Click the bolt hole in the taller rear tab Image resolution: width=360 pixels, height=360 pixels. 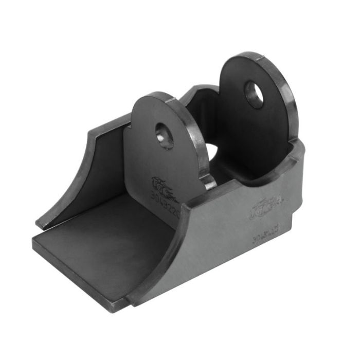[254, 95]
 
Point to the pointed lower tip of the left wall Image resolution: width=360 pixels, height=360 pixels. [38, 225]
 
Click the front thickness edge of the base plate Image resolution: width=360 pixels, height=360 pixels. [77, 275]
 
